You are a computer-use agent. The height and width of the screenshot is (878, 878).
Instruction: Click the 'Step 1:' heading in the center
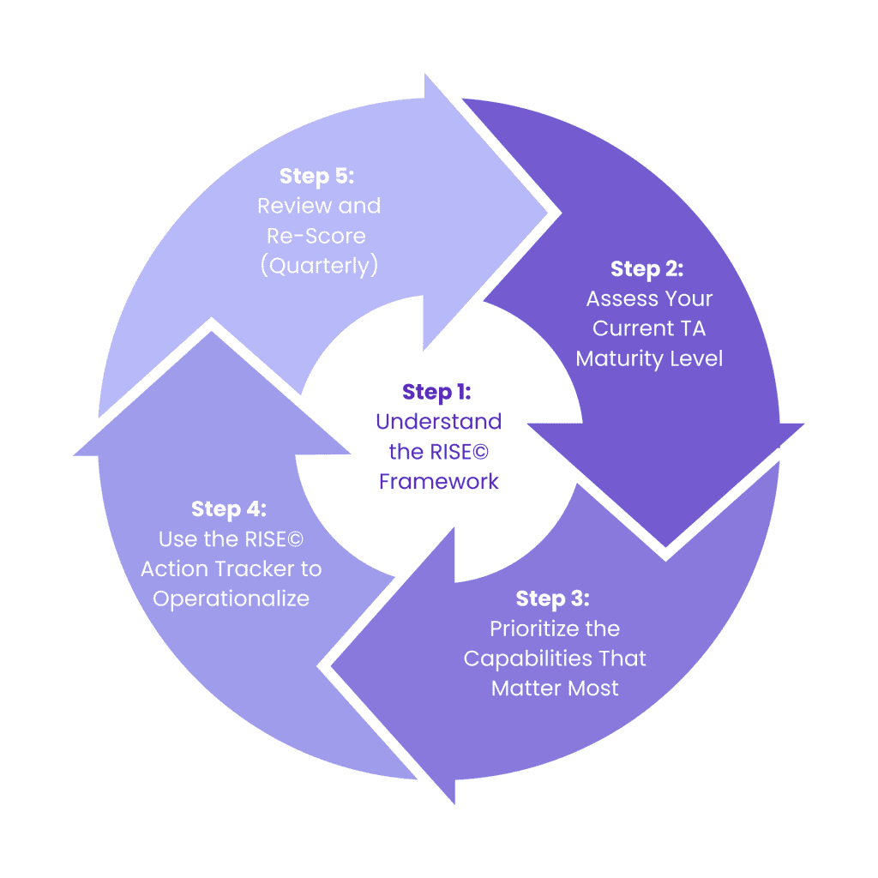436,392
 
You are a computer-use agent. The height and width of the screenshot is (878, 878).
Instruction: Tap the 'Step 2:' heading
646,268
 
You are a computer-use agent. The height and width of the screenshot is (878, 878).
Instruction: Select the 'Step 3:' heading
552,598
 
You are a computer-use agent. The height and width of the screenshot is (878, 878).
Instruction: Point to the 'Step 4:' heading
229,508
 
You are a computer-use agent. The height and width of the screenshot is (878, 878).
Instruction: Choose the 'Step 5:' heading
316,176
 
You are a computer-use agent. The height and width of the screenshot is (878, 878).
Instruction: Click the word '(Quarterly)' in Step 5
319,266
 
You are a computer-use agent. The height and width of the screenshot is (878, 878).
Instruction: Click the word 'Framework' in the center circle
438,481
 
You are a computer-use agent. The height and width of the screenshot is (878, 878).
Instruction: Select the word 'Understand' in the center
438,422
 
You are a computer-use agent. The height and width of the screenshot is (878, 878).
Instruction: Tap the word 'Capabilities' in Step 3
525,658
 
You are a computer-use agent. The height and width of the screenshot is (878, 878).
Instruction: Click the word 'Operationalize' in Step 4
231,598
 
